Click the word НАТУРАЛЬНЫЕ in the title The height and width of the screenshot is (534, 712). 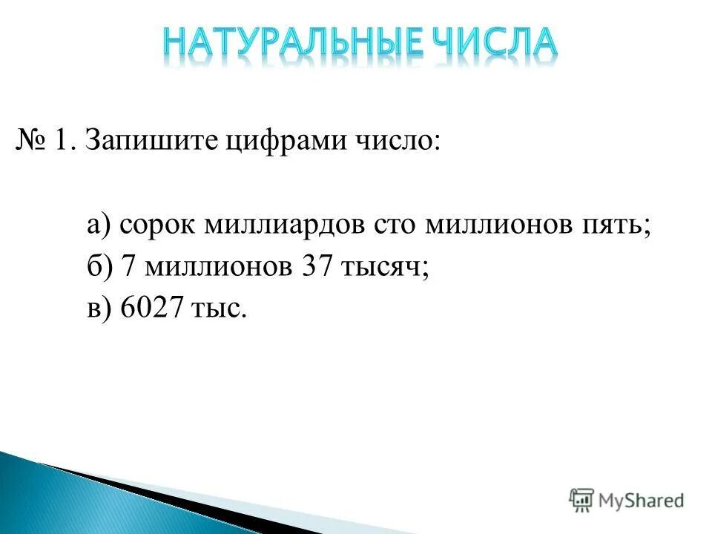[283, 44]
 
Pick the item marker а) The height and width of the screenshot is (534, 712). [99, 223]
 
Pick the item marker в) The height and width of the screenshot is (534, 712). [98, 308]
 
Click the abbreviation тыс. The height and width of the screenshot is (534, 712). [220, 309]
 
